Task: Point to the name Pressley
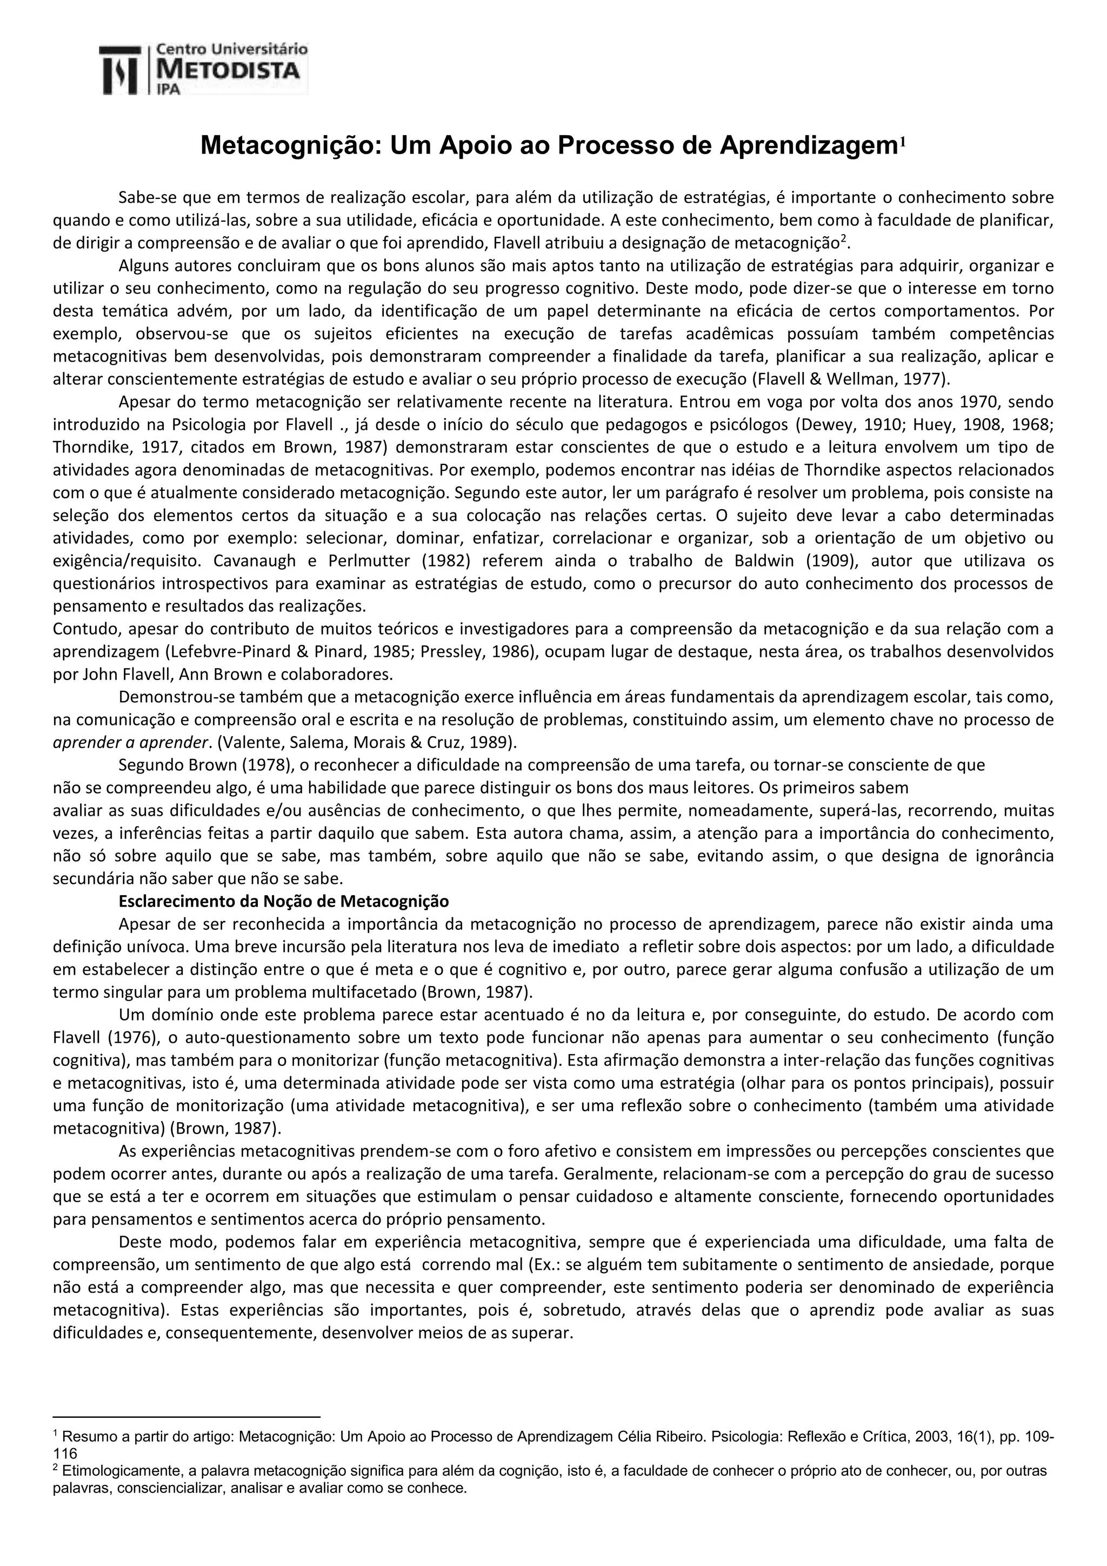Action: pos(447,651)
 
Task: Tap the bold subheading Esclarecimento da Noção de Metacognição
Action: pos(284,902)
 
